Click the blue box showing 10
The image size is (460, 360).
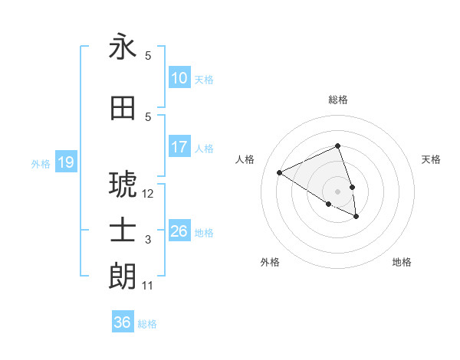(179, 78)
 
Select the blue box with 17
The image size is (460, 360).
(179, 147)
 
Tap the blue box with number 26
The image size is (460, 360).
(179, 231)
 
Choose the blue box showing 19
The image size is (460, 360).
(65, 162)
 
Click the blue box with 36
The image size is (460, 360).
(123, 322)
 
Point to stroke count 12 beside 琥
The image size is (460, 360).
(148, 194)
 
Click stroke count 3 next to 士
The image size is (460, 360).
(148, 240)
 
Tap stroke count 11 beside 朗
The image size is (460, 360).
(148, 286)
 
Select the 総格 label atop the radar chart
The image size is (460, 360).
(338, 100)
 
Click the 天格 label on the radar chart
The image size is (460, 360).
(431, 159)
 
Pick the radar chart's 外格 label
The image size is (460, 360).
(270, 262)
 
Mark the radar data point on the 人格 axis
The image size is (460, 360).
(280, 172)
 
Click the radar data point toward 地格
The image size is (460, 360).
(356, 217)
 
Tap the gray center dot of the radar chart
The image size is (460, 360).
(338, 191)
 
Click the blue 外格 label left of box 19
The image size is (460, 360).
(41, 163)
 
